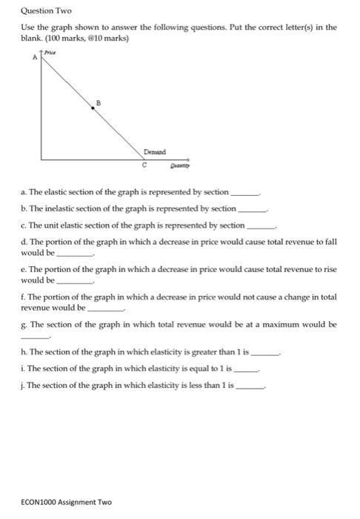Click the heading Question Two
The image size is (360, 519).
point(43,11)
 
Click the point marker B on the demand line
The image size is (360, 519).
point(92,108)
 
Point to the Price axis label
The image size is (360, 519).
point(51,53)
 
